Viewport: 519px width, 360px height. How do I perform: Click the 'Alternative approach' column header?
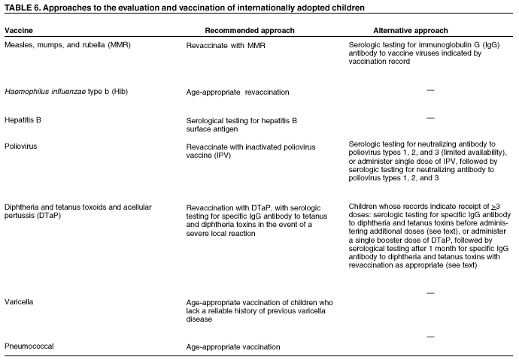tap(411, 32)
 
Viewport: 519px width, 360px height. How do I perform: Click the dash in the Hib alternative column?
tap(431, 89)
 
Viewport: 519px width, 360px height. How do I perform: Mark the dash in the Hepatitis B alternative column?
tap(431, 117)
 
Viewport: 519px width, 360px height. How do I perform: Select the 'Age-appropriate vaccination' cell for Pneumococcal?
tap(234, 347)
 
